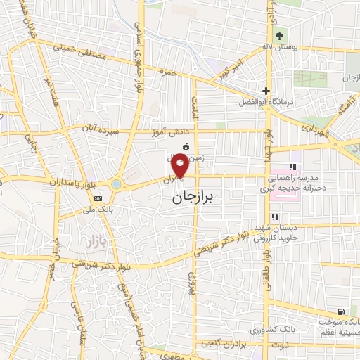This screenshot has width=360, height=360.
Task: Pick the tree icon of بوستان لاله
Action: [280, 36]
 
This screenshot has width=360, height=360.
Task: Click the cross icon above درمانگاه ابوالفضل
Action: [266, 90]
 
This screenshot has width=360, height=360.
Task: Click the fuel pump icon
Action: [341, 311]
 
